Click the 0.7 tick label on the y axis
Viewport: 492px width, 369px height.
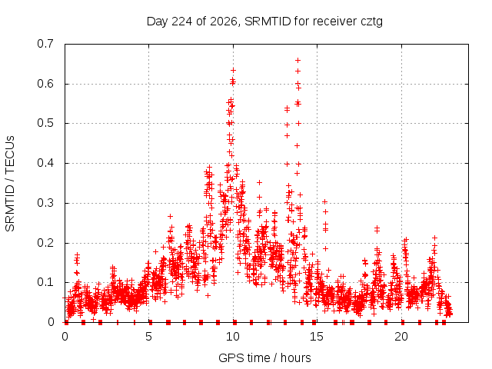(x=45, y=44)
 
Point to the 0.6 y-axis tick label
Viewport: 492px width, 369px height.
(x=45, y=84)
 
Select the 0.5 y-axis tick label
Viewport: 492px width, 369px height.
(x=45, y=123)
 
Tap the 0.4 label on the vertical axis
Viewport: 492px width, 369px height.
(x=45, y=163)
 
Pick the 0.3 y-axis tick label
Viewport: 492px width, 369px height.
(x=45, y=203)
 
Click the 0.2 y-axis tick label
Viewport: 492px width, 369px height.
(x=45, y=243)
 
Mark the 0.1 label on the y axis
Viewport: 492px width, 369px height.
(x=45, y=282)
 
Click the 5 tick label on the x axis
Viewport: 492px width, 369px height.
(x=148, y=337)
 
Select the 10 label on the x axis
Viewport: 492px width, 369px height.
(x=233, y=337)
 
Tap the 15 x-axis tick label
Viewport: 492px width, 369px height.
(x=317, y=337)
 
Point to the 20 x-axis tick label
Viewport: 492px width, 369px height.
(x=401, y=337)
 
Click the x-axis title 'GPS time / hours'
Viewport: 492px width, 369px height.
(x=264, y=358)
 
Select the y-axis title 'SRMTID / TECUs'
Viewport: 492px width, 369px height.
(x=10, y=184)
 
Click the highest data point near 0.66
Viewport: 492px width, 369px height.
(x=298, y=60)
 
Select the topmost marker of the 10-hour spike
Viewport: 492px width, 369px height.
(x=233, y=70)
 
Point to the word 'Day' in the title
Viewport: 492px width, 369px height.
(x=158, y=22)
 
